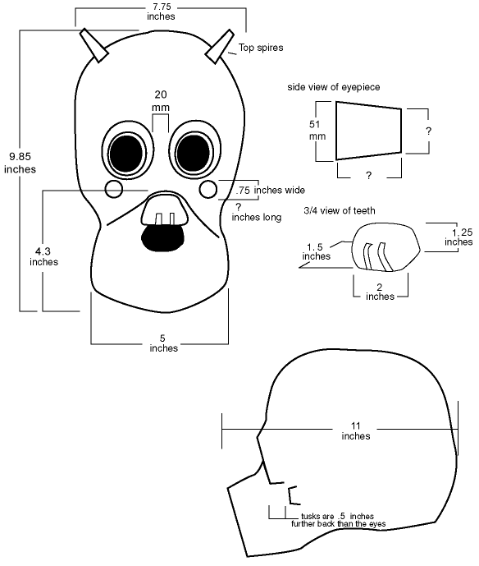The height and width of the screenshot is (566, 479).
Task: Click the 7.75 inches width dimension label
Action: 161,12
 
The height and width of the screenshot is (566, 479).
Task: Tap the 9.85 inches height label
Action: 21,163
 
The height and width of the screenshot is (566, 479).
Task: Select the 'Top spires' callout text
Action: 261,48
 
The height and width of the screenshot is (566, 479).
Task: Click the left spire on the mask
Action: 94,45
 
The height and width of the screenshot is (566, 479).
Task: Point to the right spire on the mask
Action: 220,47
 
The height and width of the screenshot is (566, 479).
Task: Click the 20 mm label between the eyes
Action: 161,101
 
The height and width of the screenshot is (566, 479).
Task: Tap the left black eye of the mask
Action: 126,154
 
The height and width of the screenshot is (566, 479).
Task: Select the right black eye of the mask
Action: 194,153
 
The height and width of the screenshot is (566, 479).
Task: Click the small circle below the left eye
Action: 114,189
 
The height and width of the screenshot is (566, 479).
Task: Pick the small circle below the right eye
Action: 208,189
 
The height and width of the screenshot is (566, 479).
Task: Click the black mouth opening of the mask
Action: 162,237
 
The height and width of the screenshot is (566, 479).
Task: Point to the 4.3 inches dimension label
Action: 43,256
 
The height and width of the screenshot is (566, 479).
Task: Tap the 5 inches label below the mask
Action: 163,343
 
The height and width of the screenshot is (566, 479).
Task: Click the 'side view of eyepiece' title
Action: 333,87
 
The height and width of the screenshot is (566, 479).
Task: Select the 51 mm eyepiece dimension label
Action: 317,130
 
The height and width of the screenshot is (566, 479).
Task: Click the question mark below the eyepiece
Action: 368,176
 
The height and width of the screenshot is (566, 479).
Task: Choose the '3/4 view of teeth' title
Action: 340,210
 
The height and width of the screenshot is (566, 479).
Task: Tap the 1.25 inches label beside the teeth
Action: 458,237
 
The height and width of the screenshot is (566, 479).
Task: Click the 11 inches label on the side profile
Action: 356,431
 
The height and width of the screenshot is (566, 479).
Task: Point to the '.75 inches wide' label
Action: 271,191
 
